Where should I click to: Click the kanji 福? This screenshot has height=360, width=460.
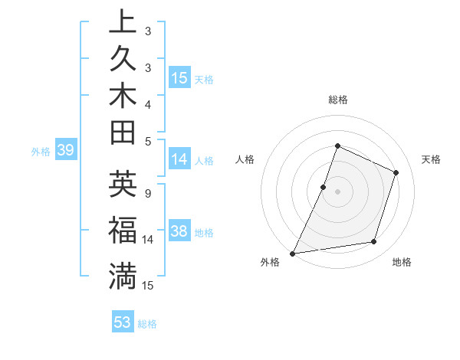[123, 230]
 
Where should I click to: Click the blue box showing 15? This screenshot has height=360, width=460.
[179, 77]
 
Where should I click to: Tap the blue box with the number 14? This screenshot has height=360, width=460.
[179, 159]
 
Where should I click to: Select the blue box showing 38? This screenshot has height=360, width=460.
[179, 231]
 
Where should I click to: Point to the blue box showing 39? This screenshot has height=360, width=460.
[66, 151]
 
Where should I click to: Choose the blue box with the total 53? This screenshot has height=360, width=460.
[123, 322]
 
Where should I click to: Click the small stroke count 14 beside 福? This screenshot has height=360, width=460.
[148, 240]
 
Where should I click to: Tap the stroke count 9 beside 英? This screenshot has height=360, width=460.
[147, 193]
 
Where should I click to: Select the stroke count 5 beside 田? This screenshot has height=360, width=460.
[147, 141]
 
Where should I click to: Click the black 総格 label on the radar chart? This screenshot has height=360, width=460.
[338, 100]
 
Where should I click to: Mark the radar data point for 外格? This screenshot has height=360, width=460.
[293, 253]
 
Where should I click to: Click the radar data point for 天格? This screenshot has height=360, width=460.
[396, 172]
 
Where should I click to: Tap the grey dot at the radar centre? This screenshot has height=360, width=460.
[337, 191]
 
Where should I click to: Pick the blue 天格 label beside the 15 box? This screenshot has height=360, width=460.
[204, 79]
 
